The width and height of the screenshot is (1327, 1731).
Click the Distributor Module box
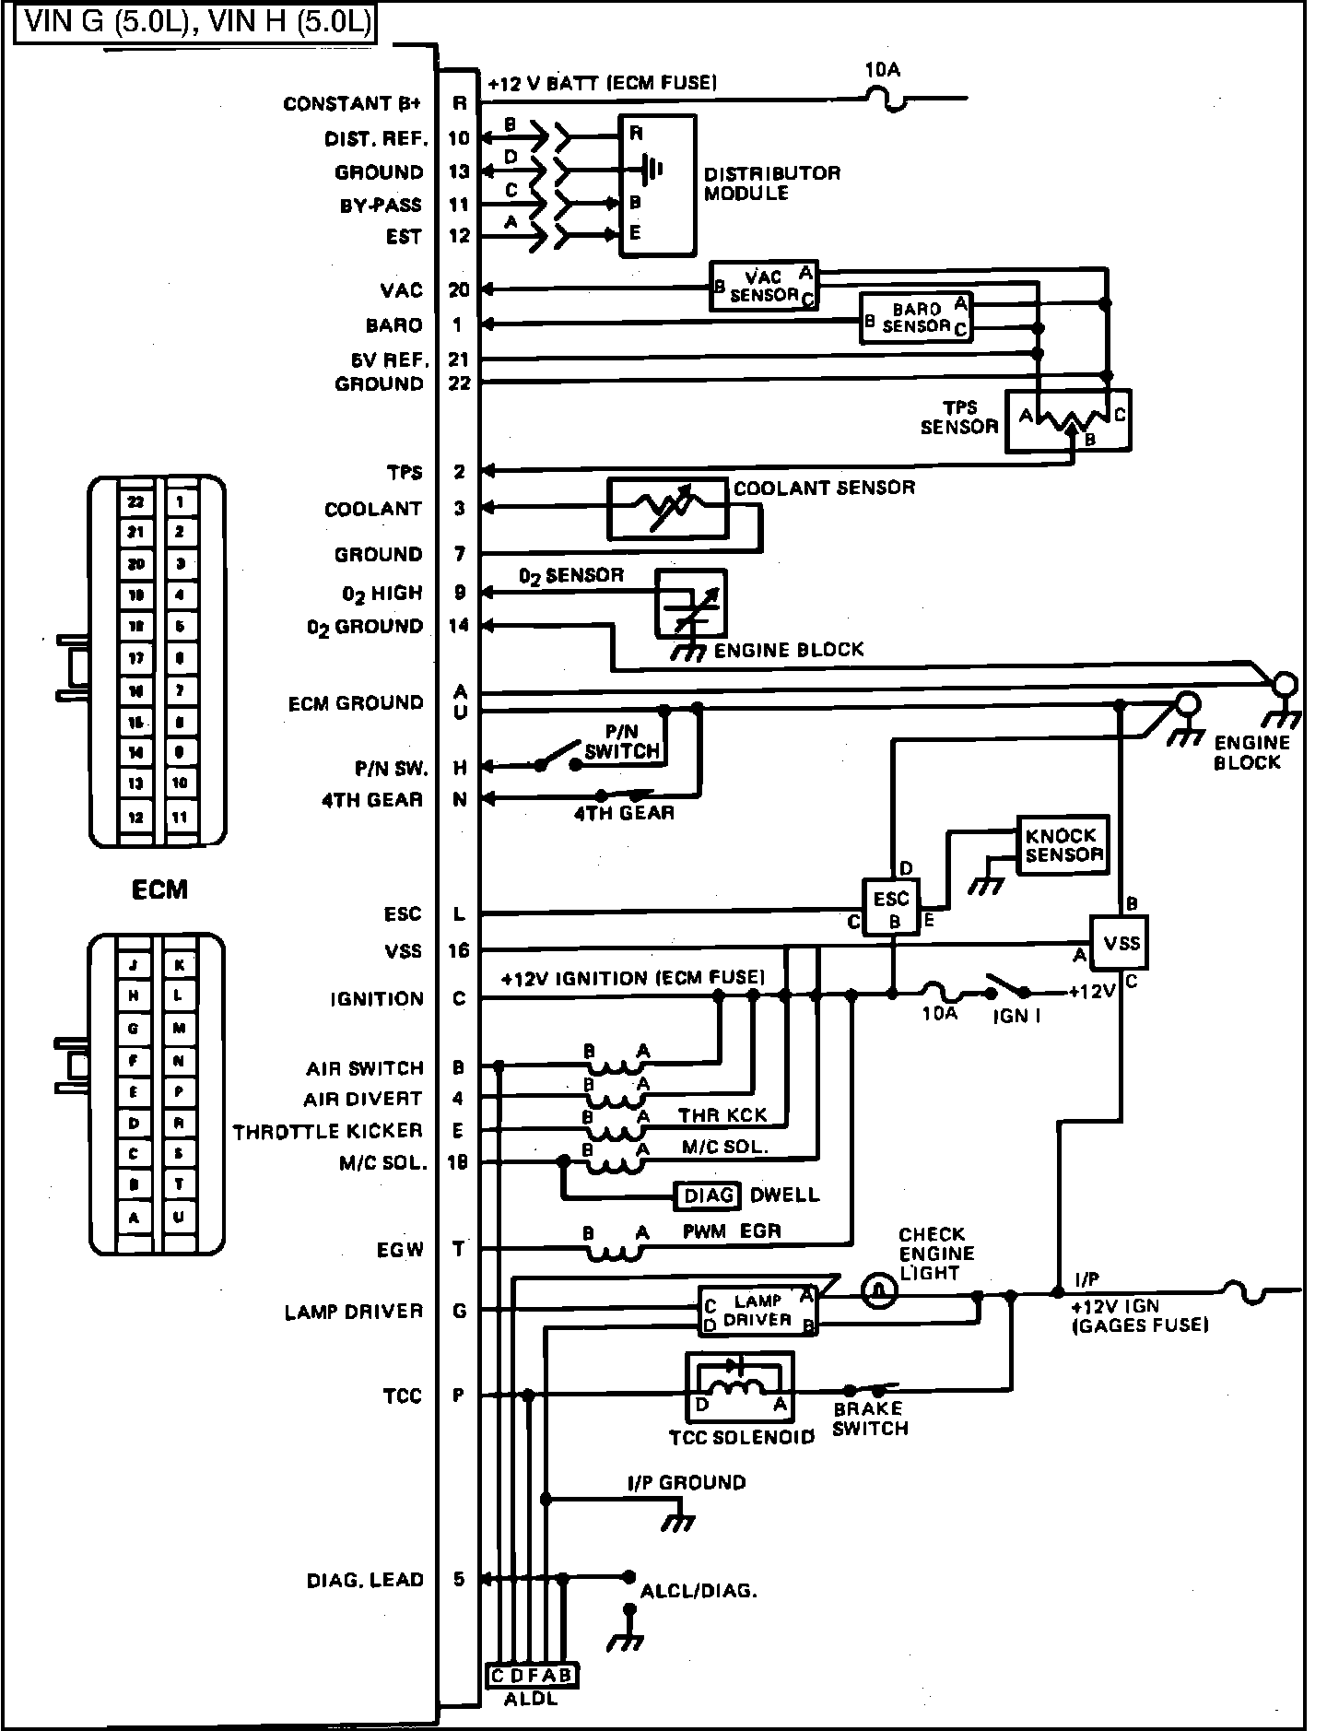(x=657, y=185)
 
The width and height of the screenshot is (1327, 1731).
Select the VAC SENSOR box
(x=763, y=286)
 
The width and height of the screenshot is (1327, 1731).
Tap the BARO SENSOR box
(x=915, y=318)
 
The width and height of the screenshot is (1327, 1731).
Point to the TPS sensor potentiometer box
(x=1067, y=420)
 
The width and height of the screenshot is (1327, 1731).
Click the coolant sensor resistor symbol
(x=667, y=509)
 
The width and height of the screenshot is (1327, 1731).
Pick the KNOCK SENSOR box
(x=1063, y=844)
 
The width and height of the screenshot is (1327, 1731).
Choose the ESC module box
(x=890, y=908)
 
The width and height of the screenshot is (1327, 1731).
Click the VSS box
(x=1120, y=943)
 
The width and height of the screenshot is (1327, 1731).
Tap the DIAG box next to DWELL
(x=708, y=1195)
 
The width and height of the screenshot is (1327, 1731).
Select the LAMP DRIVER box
(x=757, y=1310)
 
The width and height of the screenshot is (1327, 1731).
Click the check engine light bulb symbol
(x=879, y=1290)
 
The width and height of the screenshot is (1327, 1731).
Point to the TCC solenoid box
(x=739, y=1387)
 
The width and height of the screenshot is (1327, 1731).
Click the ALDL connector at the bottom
(x=531, y=1676)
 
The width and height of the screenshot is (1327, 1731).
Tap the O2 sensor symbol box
(x=690, y=604)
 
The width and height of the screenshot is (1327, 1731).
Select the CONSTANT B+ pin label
(x=351, y=104)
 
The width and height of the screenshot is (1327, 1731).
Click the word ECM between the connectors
(x=159, y=889)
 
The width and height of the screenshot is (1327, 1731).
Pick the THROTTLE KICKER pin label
(x=327, y=1131)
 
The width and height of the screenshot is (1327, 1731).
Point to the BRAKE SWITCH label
(x=869, y=1419)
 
